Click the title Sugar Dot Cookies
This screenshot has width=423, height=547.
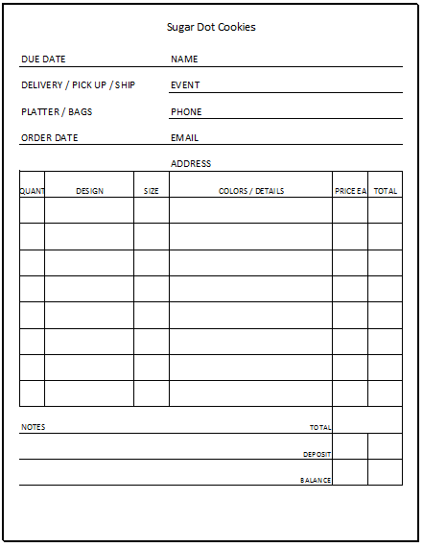click(x=211, y=27)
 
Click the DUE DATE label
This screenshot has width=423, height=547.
click(x=43, y=59)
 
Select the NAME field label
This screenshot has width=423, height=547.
click(x=184, y=59)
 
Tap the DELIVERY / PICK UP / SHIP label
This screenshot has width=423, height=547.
click(x=78, y=85)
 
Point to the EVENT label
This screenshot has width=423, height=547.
click(x=185, y=85)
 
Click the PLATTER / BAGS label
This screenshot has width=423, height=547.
click(x=57, y=112)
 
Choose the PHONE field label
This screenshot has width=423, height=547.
click(x=186, y=112)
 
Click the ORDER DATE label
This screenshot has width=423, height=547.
click(x=50, y=138)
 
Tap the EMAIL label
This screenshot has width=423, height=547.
click(x=184, y=138)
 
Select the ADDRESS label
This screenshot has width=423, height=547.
click(x=191, y=164)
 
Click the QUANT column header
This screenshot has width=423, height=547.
click(x=32, y=191)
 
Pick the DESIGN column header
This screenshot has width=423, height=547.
click(x=89, y=191)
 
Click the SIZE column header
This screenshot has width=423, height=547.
click(x=152, y=191)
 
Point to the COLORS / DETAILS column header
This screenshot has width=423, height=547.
click(x=251, y=191)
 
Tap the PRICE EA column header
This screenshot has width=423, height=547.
click(x=350, y=191)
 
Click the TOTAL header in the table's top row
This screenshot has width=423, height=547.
click(x=386, y=191)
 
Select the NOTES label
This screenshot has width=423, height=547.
click(x=33, y=427)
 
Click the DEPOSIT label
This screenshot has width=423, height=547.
click(x=317, y=454)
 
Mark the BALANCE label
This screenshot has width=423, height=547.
click(x=316, y=480)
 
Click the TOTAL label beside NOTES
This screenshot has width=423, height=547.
click(x=320, y=428)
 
